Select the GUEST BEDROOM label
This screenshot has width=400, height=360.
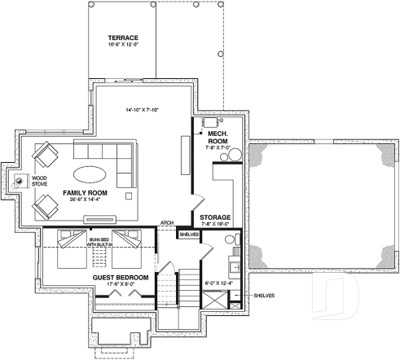pyautogui.click(x=120, y=278)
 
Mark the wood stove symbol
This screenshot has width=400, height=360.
pyautogui.click(x=18, y=180)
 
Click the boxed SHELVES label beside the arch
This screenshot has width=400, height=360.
pyautogui.click(x=189, y=235)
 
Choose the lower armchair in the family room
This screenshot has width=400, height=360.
pyautogui.click(x=44, y=207)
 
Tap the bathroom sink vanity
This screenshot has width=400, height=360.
pyautogui.click(x=234, y=265)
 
